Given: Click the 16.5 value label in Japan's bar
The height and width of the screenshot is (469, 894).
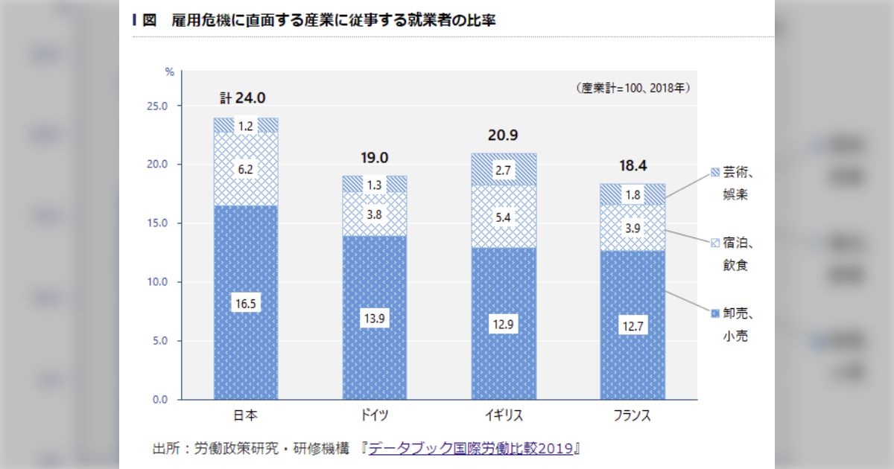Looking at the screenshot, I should [x=246, y=304].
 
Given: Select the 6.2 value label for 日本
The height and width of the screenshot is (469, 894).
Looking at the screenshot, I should [x=246, y=170].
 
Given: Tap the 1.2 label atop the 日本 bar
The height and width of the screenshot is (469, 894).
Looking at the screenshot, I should [x=246, y=127].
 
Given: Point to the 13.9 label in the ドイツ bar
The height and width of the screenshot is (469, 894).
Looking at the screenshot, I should [x=375, y=319].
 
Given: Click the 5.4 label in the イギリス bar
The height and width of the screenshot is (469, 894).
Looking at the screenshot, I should [x=504, y=219].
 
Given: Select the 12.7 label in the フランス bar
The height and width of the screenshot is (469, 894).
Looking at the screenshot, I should [x=633, y=325].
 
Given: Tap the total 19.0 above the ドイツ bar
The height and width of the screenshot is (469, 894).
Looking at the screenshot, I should [x=375, y=157].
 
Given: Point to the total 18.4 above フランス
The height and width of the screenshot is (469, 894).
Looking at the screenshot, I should [x=633, y=164].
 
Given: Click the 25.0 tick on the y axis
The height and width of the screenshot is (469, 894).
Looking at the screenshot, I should [x=158, y=106].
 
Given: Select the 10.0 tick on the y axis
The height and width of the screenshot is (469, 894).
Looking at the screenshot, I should [x=158, y=282].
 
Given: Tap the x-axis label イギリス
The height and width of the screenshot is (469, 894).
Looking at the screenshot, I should [x=504, y=415].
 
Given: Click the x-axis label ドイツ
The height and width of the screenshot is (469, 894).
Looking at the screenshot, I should [x=375, y=415].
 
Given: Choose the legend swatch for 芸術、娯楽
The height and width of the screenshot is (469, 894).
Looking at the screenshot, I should [x=715, y=173].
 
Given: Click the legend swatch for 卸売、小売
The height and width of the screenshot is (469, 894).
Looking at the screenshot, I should [x=715, y=314].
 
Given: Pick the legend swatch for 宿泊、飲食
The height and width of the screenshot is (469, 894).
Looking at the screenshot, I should [x=715, y=243].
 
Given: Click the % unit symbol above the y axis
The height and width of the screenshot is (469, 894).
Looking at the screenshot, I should [x=169, y=72].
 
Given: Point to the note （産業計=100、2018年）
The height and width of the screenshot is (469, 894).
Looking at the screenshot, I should [x=633, y=88].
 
